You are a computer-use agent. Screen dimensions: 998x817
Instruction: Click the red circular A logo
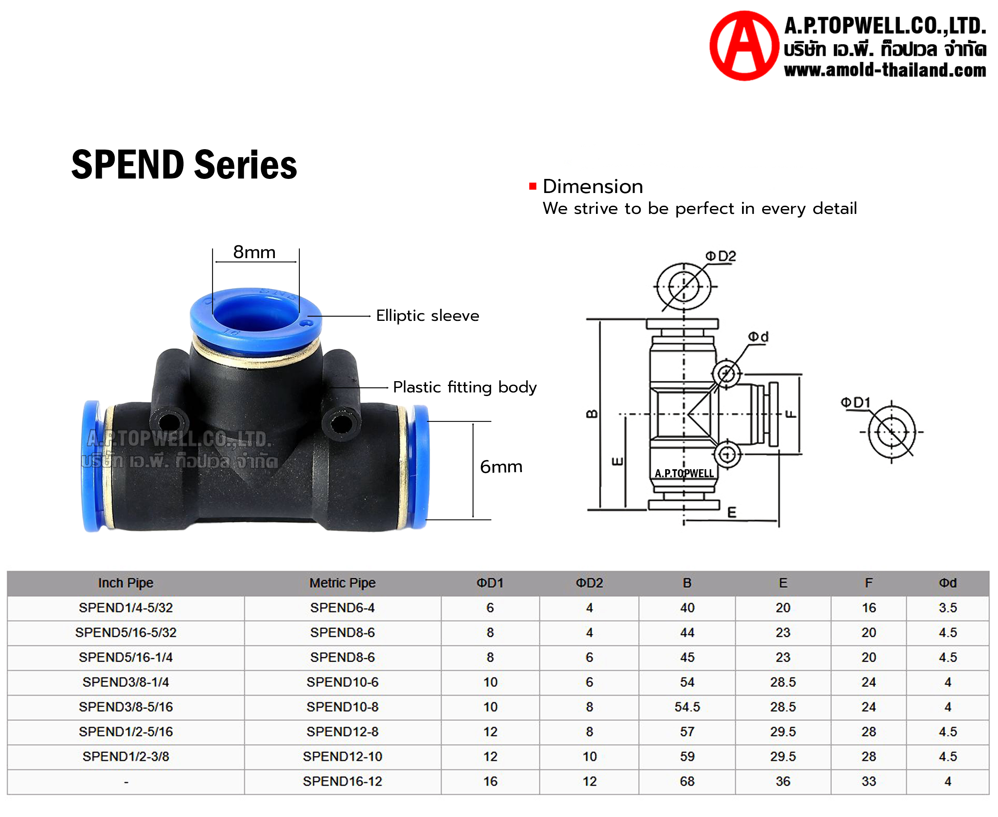click(x=744, y=46)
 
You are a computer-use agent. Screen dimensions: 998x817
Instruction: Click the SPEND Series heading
click(x=184, y=165)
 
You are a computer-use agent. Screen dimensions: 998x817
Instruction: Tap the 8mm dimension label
click(x=254, y=252)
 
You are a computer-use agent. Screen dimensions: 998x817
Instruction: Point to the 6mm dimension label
click(x=501, y=466)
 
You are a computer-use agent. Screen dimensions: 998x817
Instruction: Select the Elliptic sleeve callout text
click(x=428, y=315)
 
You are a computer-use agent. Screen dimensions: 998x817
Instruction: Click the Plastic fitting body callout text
click(x=465, y=387)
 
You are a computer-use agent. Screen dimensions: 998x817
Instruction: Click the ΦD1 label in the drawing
click(x=856, y=402)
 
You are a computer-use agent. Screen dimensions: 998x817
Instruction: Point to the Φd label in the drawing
click(x=758, y=337)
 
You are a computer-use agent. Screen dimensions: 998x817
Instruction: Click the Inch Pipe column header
click(x=126, y=583)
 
